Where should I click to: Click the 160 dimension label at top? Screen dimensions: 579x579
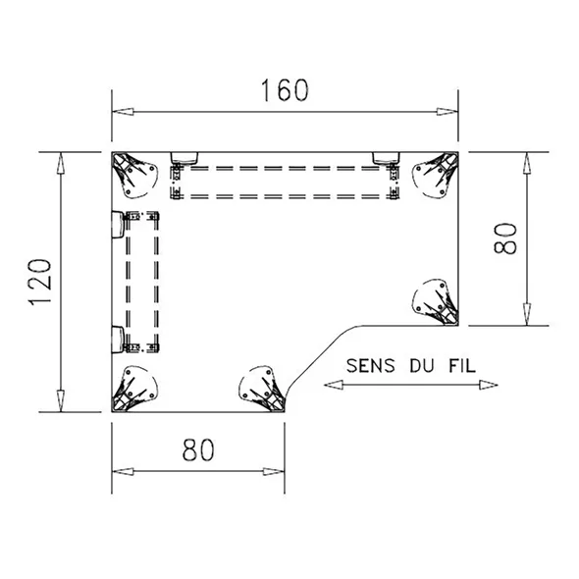pos(285,90)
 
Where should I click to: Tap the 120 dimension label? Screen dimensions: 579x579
pos(40,282)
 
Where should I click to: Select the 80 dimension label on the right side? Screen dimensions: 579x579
pos(504,238)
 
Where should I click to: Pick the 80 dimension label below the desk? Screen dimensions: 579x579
pos(198,449)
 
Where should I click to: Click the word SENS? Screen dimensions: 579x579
pos(370,366)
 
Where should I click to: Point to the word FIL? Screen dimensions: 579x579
pos(462,366)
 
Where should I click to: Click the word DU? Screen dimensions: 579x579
pos(422,366)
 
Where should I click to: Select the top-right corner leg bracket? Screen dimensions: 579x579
pos(435,175)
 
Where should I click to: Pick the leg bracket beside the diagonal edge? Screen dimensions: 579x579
pos(262,389)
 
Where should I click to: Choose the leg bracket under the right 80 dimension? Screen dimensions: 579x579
pos(435,302)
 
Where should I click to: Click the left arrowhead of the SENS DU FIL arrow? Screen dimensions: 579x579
pos(333,385)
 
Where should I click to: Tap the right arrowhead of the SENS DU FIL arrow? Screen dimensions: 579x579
pos(488,385)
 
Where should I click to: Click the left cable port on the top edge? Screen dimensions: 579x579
pos(184,158)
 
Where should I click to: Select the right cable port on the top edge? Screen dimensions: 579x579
pos(386,158)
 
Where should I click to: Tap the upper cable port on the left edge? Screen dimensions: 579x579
pos(118,224)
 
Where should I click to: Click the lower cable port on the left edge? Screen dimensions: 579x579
pos(118,340)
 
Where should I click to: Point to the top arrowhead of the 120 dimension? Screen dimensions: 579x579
pos(61,163)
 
